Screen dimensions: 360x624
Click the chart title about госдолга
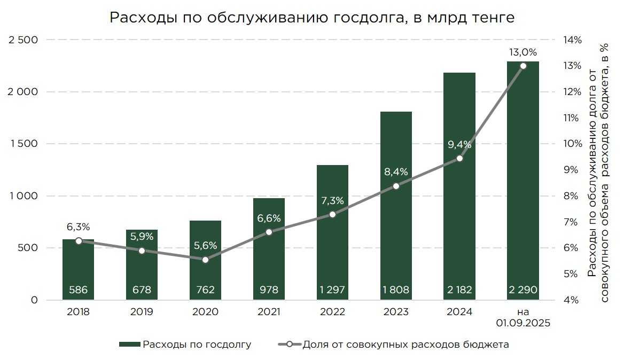pos(312,18)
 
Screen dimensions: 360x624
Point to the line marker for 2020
pos(205,260)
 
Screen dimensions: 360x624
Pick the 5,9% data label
pos(142,236)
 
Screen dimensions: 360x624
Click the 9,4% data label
pos(459,144)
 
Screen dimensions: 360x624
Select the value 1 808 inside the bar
pos(396,290)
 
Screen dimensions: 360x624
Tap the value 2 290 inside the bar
pos(523,290)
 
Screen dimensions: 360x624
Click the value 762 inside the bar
pos(205,290)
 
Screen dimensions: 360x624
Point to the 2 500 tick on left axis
pos(22,40)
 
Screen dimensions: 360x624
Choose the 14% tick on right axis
pos(571,40)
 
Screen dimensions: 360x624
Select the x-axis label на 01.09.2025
pos(523,317)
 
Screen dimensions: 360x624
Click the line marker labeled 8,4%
pos(396,186)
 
